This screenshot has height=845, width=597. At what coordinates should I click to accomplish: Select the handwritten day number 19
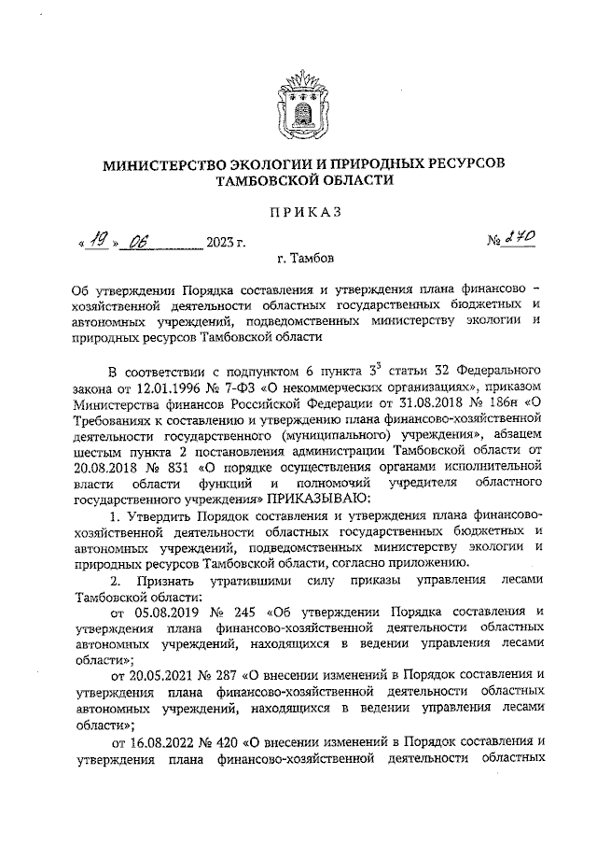(97, 243)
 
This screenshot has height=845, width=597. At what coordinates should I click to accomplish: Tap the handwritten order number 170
(521, 241)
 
